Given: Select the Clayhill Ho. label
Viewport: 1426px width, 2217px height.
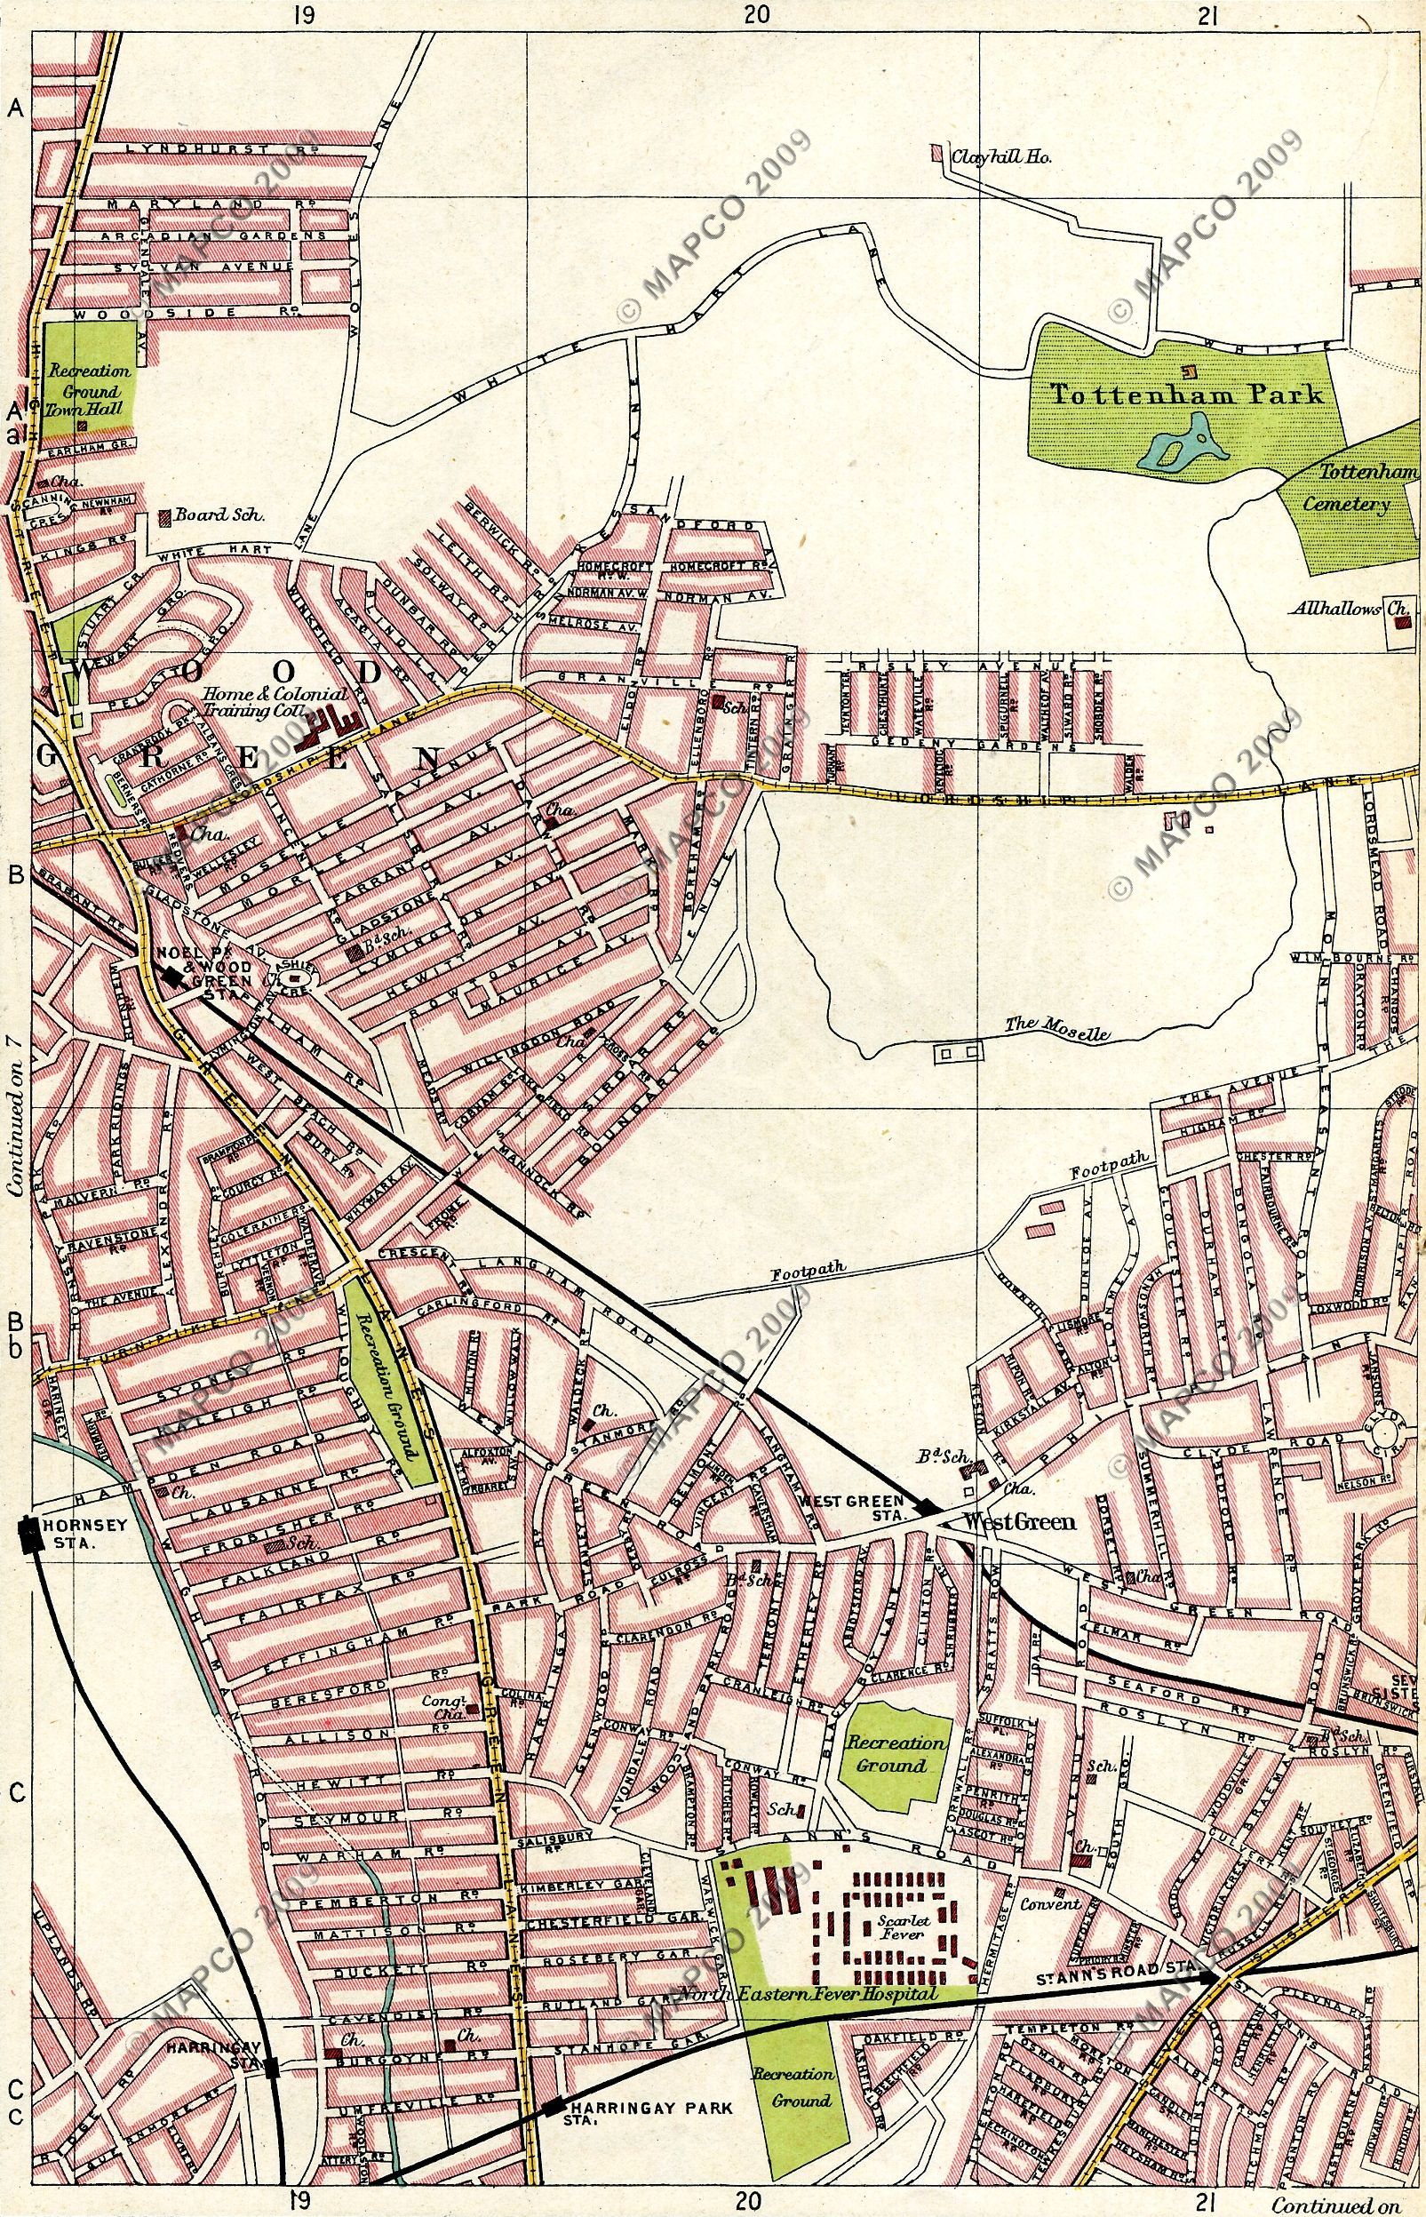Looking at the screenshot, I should pos(1004,157).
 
